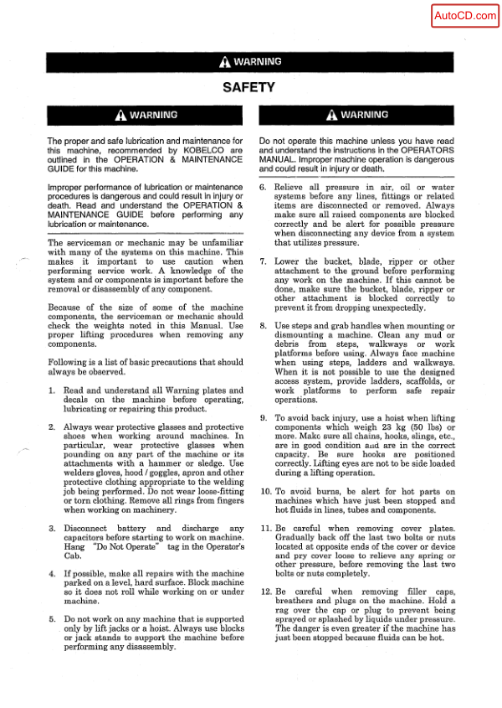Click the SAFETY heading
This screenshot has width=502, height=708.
point(248,87)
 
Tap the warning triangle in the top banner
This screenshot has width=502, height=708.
point(224,62)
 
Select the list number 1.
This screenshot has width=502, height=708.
point(52,390)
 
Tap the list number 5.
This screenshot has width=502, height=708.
point(52,619)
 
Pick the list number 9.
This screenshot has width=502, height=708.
point(263,418)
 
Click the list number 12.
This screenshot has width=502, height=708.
point(264,591)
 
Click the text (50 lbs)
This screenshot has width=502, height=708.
point(439,427)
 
